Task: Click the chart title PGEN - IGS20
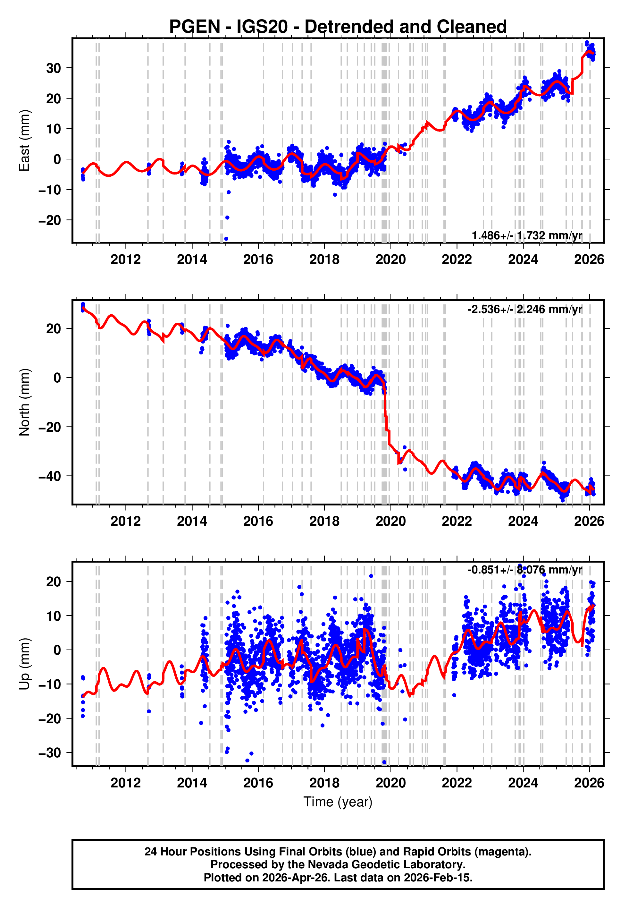tap(338, 27)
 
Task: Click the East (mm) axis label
tap(24, 140)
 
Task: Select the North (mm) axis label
tap(24, 402)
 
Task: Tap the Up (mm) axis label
tap(24, 664)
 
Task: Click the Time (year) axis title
tap(338, 802)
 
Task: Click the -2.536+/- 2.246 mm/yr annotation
tap(524, 309)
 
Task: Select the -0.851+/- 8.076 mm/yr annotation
tap(524, 570)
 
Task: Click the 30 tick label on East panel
tap(54, 68)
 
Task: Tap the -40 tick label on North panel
tap(50, 476)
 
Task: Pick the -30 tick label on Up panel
tap(50, 753)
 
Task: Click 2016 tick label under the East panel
tap(258, 259)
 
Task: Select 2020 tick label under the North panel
tap(390, 521)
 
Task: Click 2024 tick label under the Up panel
tap(523, 783)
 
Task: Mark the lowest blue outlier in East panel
tap(226, 239)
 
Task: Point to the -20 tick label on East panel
tap(50, 220)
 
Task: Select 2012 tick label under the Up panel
tap(125, 783)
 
